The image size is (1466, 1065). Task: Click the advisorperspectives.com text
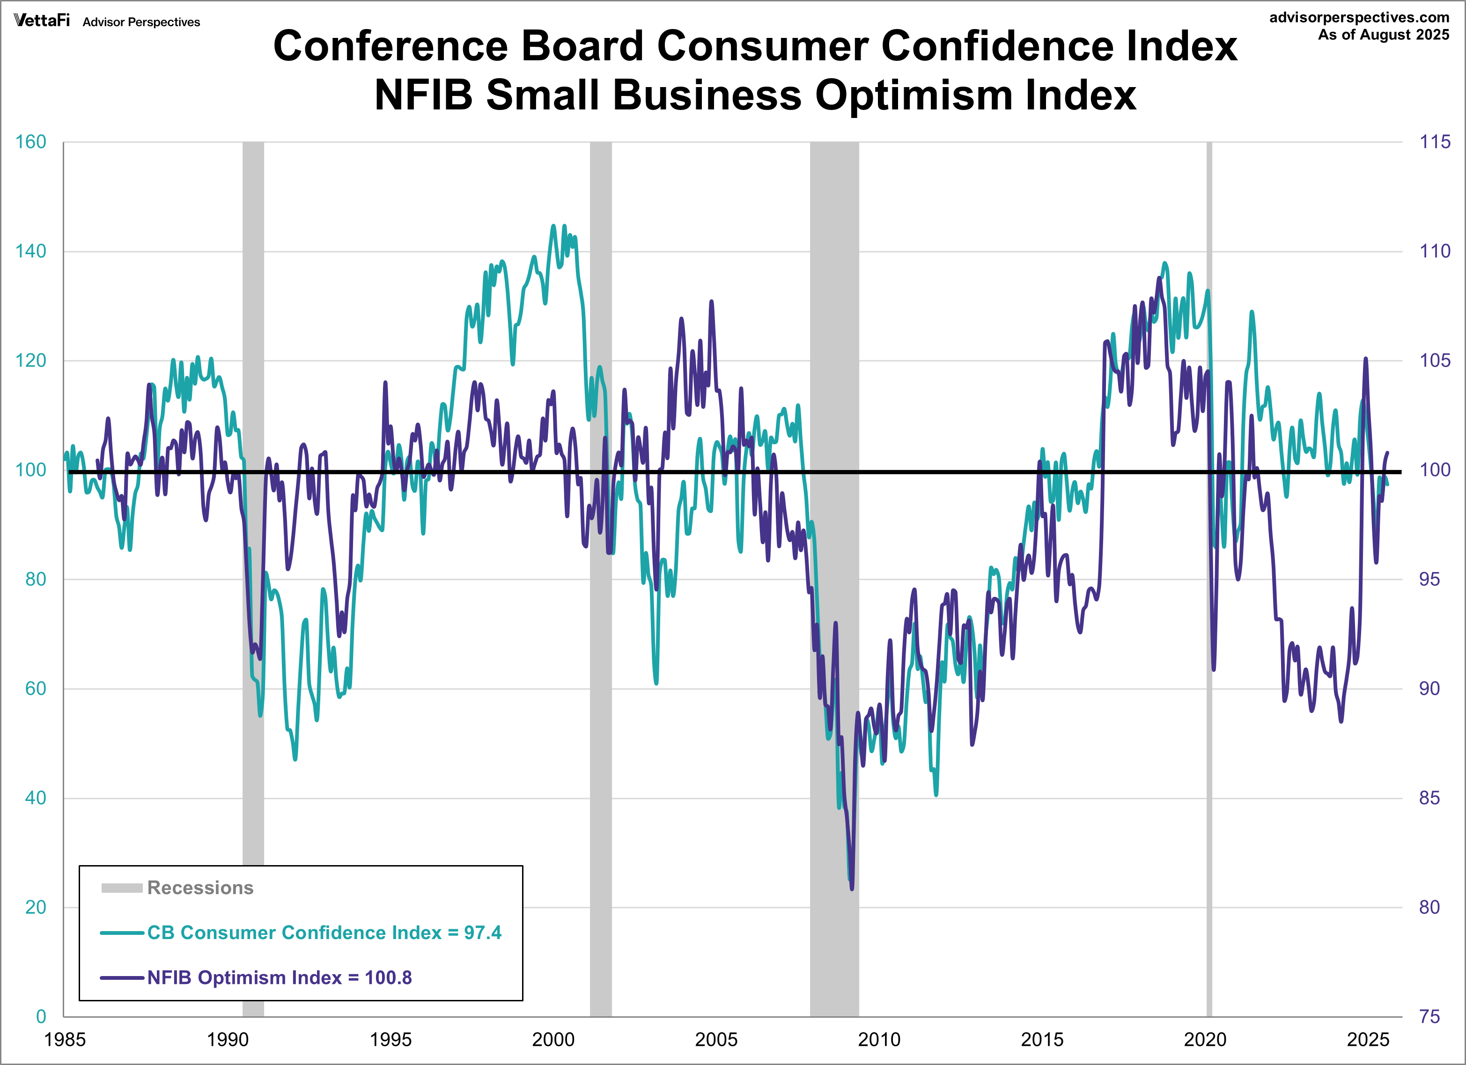click(1359, 17)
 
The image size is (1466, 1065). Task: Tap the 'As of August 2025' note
click(1383, 35)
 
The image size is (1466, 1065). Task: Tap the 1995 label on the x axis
click(390, 1040)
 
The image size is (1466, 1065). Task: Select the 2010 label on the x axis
click(879, 1040)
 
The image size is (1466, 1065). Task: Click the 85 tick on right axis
click(1429, 798)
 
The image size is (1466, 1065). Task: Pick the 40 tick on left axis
click(36, 798)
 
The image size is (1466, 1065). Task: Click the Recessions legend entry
click(200, 888)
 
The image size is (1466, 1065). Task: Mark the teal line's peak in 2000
click(553, 226)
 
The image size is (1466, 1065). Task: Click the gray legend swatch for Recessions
click(122, 888)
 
